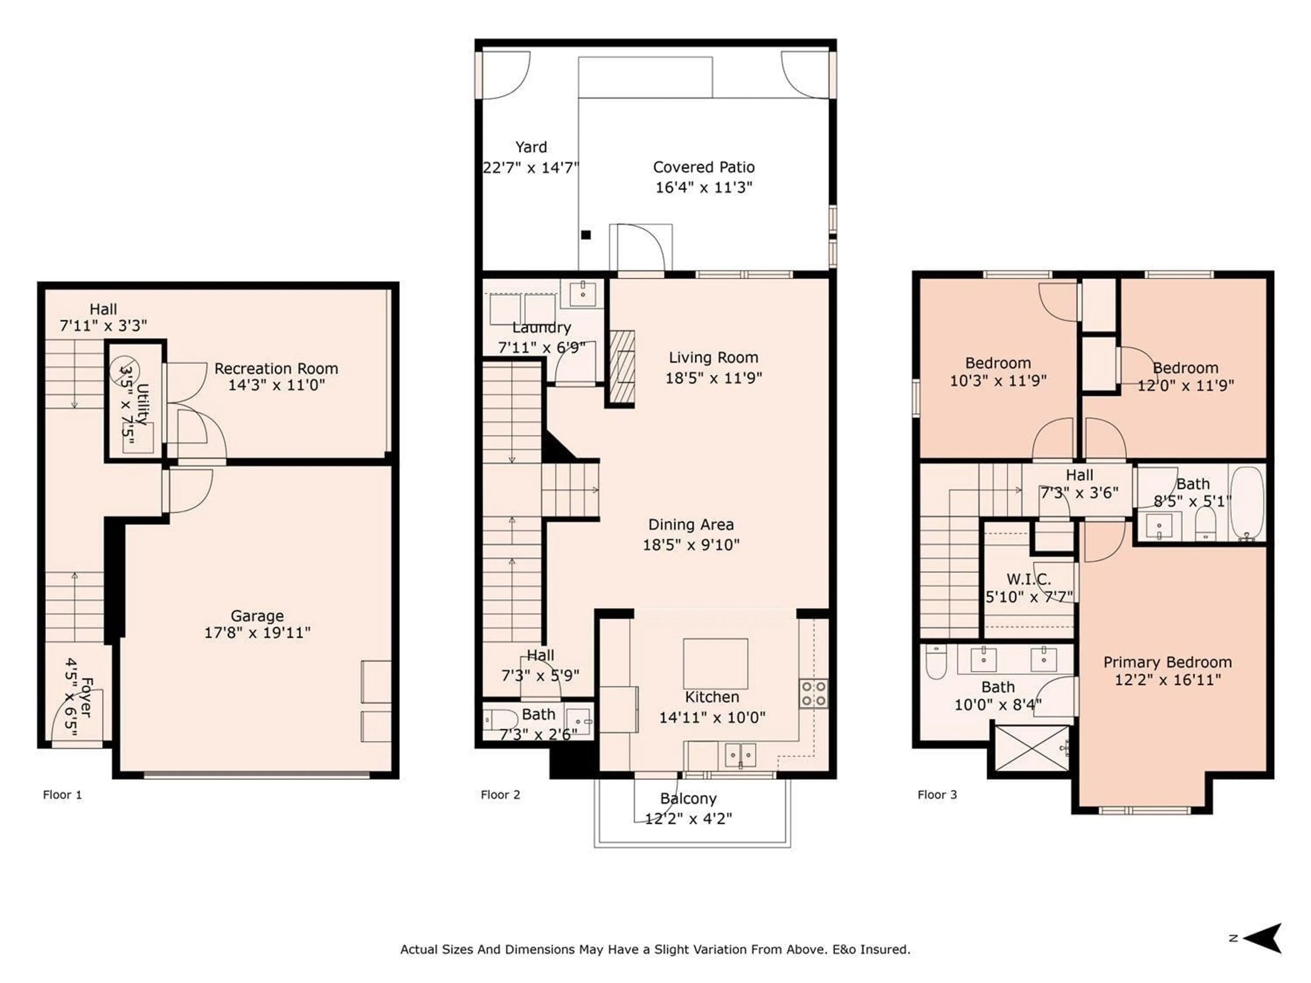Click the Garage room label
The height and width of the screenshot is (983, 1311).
[257, 616]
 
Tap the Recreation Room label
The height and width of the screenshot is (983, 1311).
[276, 369]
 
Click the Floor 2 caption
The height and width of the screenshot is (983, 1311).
[500, 795]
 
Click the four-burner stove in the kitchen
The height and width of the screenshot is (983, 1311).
[814, 693]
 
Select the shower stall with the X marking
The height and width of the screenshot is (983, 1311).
[1032, 749]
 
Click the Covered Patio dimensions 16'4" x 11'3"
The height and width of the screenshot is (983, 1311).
[704, 187]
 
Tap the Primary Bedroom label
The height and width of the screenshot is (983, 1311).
[1168, 663]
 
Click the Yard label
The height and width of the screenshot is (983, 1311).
[531, 147]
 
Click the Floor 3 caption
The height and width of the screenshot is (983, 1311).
[937, 795]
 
